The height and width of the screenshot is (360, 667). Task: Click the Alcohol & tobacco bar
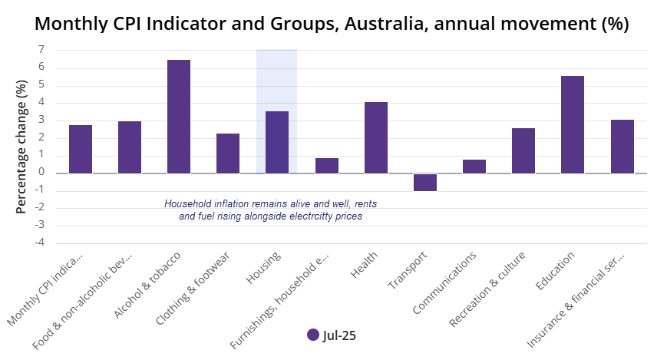point(179,117)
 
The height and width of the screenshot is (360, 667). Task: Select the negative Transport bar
point(425,182)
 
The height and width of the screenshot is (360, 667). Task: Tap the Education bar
point(573,124)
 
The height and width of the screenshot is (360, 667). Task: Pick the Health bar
point(376,137)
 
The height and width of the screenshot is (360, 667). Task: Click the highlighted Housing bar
point(277,142)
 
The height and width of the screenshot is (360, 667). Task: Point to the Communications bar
point(474,167)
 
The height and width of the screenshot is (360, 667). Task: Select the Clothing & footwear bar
point(228,154)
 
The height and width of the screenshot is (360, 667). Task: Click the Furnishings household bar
point(327,166)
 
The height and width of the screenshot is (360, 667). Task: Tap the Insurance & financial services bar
point(622,147)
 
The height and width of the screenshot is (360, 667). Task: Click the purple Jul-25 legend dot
point(312,335)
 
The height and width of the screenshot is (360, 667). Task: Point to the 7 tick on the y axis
point(40,50)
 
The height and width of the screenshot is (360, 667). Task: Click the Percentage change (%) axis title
point(21,146)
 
